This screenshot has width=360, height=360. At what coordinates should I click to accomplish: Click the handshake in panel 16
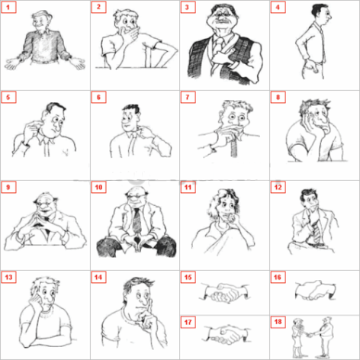point(312,291)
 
